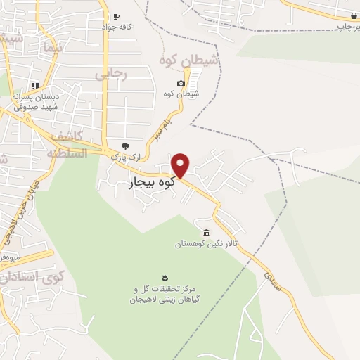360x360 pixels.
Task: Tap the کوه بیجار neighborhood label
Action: point(153,184)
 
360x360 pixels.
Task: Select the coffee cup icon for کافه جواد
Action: point(116,16)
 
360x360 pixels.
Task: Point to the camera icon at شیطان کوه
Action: point(181,84)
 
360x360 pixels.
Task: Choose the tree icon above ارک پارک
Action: point(125,146)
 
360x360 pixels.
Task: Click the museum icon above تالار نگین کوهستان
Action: point(206,233)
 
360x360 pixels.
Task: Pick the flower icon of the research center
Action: point(165,275)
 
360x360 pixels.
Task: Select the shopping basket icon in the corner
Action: point(352,15)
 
